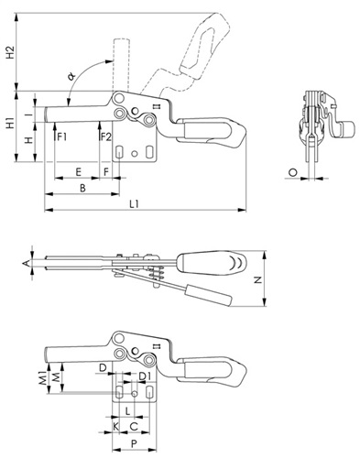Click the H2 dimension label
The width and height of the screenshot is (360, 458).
[11, 52]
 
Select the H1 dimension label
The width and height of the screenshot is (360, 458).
[11, 123]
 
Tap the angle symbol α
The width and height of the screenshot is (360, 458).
[72, 75]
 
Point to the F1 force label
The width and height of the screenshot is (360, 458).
[62, 137]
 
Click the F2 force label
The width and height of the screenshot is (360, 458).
[106, 137]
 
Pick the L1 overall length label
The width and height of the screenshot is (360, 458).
[135, 204]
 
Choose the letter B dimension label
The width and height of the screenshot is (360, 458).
[82, 188]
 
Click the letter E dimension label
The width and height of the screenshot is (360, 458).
[79, 172]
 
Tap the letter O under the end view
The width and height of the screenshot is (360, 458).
[292, 173]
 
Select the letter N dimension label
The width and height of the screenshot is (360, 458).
[258, 279]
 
